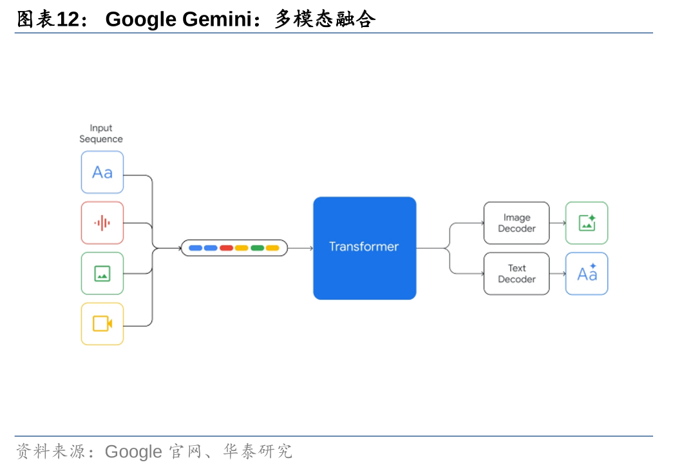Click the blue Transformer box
[x=365, y=248]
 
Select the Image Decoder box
[x=517, y=223]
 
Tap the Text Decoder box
[x=517, y=274]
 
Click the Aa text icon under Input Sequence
[x=102, y=172]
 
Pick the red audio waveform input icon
[x=102, y=223]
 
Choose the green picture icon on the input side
[x=102, y=273]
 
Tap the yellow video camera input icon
[x=102, y=323]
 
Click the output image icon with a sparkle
[x=587, y=223]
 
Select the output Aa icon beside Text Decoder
[x=587, y=274]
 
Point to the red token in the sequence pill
[x=226, y=248]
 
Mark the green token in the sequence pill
[x=257, y=248]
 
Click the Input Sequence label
[x=101, y=133]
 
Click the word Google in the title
[x=140, y=19]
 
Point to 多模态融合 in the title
[x=325, y=19]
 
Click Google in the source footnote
[x=133, y=451]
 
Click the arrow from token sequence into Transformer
[x=300, y=248]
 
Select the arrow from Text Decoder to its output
[x=558, y=274]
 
